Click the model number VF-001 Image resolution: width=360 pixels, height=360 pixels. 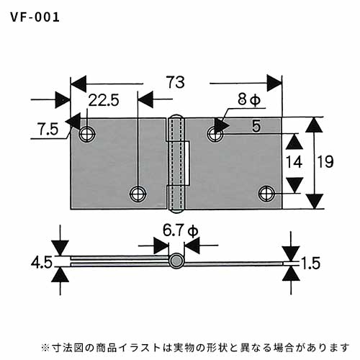coord(35,18)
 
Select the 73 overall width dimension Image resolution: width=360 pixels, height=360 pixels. coord(176,83)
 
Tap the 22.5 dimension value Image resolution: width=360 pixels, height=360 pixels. coord(104,100)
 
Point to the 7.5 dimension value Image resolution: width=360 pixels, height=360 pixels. coord(48,130)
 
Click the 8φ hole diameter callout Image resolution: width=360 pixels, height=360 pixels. coord(249,99)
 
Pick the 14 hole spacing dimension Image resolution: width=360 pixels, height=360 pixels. coord(294,162)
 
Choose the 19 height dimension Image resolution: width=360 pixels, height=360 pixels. coord(325,161)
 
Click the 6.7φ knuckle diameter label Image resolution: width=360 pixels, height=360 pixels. coord(180,230)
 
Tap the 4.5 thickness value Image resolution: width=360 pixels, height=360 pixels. coord(42,262)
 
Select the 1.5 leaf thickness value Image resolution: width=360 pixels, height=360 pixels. coord(310,263)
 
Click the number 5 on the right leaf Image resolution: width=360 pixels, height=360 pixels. coord(256,126)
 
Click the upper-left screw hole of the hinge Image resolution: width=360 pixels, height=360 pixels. coord(87,134)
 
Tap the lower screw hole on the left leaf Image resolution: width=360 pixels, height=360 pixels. coord(138,194)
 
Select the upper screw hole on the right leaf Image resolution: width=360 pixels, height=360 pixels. coord(215,134)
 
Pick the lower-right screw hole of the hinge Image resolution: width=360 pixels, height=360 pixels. coord(266,194)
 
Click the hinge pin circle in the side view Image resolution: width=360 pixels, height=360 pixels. coord(176,261)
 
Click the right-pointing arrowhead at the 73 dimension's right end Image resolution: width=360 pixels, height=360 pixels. coord(274,84)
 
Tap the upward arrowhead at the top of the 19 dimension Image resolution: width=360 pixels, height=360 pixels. coord(314,125)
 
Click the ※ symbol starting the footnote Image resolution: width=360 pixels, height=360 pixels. coord(45,348)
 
